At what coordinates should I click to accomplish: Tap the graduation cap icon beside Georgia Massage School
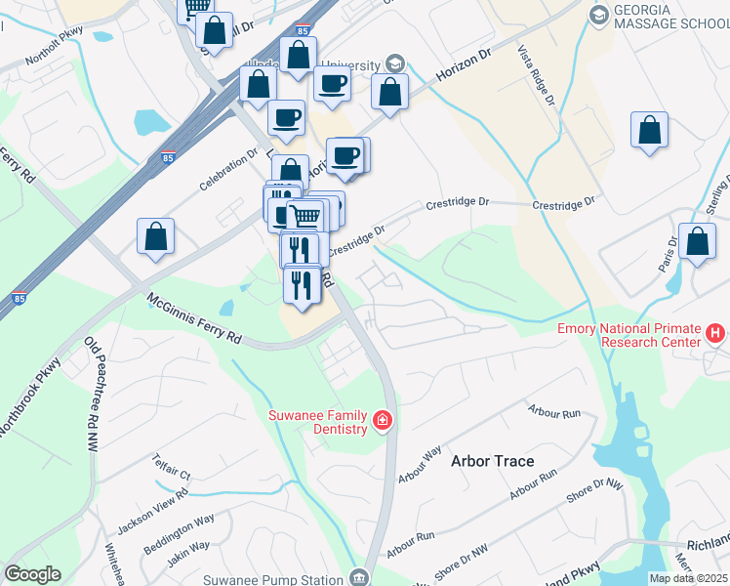598,16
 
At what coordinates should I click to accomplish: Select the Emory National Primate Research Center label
629,335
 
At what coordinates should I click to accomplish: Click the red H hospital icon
715,334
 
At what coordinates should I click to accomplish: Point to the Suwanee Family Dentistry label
318,422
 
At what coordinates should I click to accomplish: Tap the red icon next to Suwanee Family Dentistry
384,421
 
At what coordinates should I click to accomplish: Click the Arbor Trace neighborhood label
492,460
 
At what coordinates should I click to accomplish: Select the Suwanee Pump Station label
276,578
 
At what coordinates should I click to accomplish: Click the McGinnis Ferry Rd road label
193,319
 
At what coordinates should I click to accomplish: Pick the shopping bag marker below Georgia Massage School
649,132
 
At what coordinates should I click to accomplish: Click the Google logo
32,574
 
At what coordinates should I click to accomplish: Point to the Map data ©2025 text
688,578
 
